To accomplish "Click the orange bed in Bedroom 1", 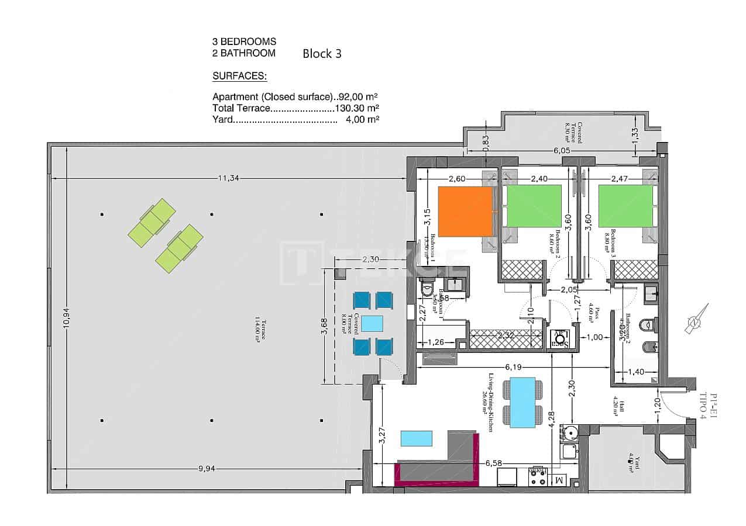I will coord(466,212).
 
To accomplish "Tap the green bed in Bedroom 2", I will coord(534,206).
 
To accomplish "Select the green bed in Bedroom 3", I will coord(625,206).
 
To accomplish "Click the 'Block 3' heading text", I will coord(322,54).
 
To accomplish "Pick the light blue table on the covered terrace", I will coord(372,323).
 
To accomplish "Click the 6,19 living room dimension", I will coord(513,367).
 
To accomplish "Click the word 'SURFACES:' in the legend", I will coord(239,76).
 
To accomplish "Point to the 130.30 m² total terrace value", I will coord(356,108).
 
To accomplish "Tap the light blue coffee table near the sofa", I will coord(417,438).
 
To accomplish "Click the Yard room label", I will coord(631,465).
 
